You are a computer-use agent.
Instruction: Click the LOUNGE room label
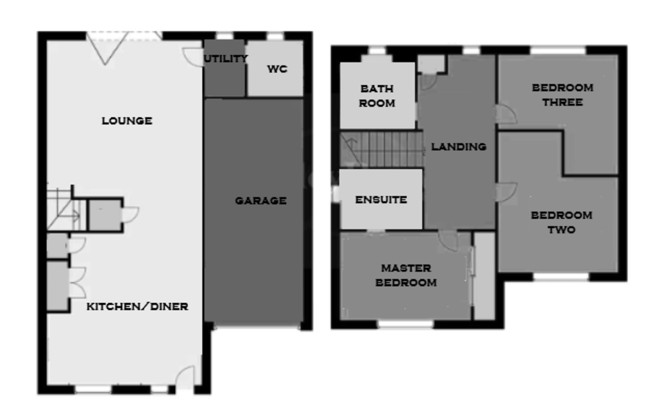[x=127, y=121]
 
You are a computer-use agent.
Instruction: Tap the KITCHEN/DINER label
[x=137, y=306]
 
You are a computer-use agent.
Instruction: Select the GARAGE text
[x=260, y=201]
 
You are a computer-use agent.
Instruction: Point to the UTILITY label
[x=225, y=59]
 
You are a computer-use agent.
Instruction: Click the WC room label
[x=277, y=69]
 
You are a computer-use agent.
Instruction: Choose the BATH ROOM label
[x=377, y=95]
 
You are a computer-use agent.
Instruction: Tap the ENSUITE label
[x=381, y=200]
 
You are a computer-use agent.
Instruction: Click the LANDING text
[x=459, y=147]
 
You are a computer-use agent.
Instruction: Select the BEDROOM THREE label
[x=562, y=95]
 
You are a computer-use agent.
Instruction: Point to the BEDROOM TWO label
[x=561, y=222]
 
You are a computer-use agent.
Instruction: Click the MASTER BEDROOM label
[x=406, y=276]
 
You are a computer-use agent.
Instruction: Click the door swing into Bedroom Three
[x=506, y=114]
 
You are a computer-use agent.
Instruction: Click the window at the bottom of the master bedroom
[x=406, y=324]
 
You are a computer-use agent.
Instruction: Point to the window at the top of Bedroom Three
[x=558, y=50]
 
